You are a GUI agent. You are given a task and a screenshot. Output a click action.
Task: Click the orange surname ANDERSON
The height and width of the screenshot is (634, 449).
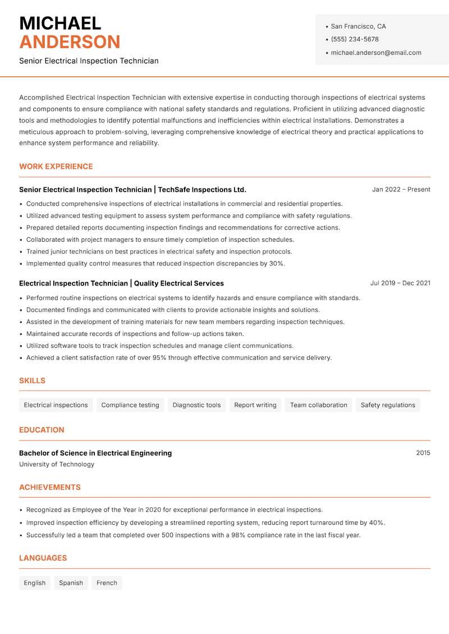(x=70, y=42)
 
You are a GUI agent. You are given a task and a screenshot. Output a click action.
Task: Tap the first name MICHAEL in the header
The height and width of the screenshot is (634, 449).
(x=60, y=23)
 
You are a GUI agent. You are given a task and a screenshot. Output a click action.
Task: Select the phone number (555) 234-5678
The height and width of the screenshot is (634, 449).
(x=354, y=39)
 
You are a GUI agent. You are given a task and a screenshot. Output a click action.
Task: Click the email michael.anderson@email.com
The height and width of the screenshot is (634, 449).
(x=375, y=53)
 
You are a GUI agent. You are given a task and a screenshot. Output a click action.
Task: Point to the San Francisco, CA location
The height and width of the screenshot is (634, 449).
(x=358, y=26)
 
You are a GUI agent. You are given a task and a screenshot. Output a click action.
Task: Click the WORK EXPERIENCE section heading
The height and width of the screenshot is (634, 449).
(x=56, y=167)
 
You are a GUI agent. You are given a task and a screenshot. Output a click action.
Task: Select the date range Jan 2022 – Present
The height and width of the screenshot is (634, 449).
(x=401, y=190)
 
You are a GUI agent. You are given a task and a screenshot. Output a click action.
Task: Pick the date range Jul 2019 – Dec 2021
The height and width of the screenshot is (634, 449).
(x=400, y=283)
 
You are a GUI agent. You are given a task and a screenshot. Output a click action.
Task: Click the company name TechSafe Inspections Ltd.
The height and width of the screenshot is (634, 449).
(x=202, y=190)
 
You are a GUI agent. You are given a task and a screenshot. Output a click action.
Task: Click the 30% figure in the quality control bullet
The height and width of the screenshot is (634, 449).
(x=276, y=264)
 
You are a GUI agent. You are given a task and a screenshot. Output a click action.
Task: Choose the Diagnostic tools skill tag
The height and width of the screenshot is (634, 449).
(x=196, y=405)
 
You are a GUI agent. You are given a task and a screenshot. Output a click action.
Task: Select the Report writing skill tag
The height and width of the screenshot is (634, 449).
(x=255, y=405)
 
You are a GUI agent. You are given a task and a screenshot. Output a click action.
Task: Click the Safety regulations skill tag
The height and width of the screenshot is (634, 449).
(x=388, y=405)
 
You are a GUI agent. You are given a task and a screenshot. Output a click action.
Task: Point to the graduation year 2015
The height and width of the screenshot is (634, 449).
(x=423, y=453)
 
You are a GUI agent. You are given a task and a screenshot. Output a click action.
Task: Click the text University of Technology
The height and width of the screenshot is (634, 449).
(x=57, y=465)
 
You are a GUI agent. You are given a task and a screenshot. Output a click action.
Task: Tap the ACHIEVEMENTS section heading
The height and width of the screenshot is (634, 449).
(x=50, y=488)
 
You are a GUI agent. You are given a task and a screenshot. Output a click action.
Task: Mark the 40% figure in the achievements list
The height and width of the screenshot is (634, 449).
(x=376, y=523)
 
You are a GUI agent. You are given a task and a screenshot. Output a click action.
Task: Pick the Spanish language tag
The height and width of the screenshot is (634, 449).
(x=71, y=583)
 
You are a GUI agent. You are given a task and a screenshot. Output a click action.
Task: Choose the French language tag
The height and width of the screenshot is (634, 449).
(x=107, y=583)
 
